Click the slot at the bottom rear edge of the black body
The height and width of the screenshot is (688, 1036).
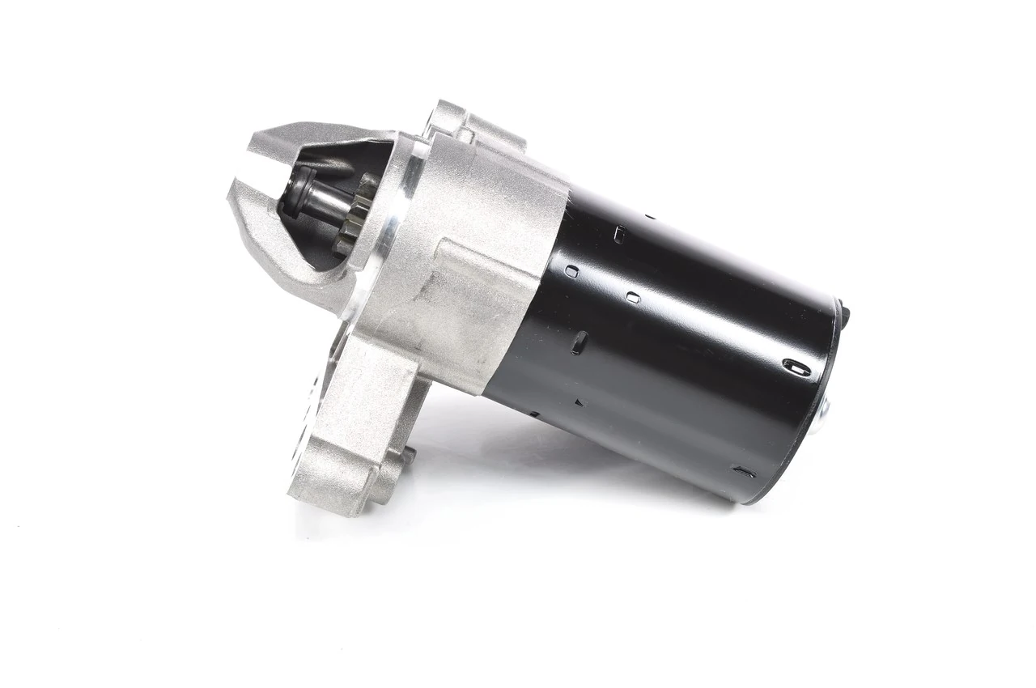743,471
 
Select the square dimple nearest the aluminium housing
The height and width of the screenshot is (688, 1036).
571,272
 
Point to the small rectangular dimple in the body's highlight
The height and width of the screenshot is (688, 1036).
632,297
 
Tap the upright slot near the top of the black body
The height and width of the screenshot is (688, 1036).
619,235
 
